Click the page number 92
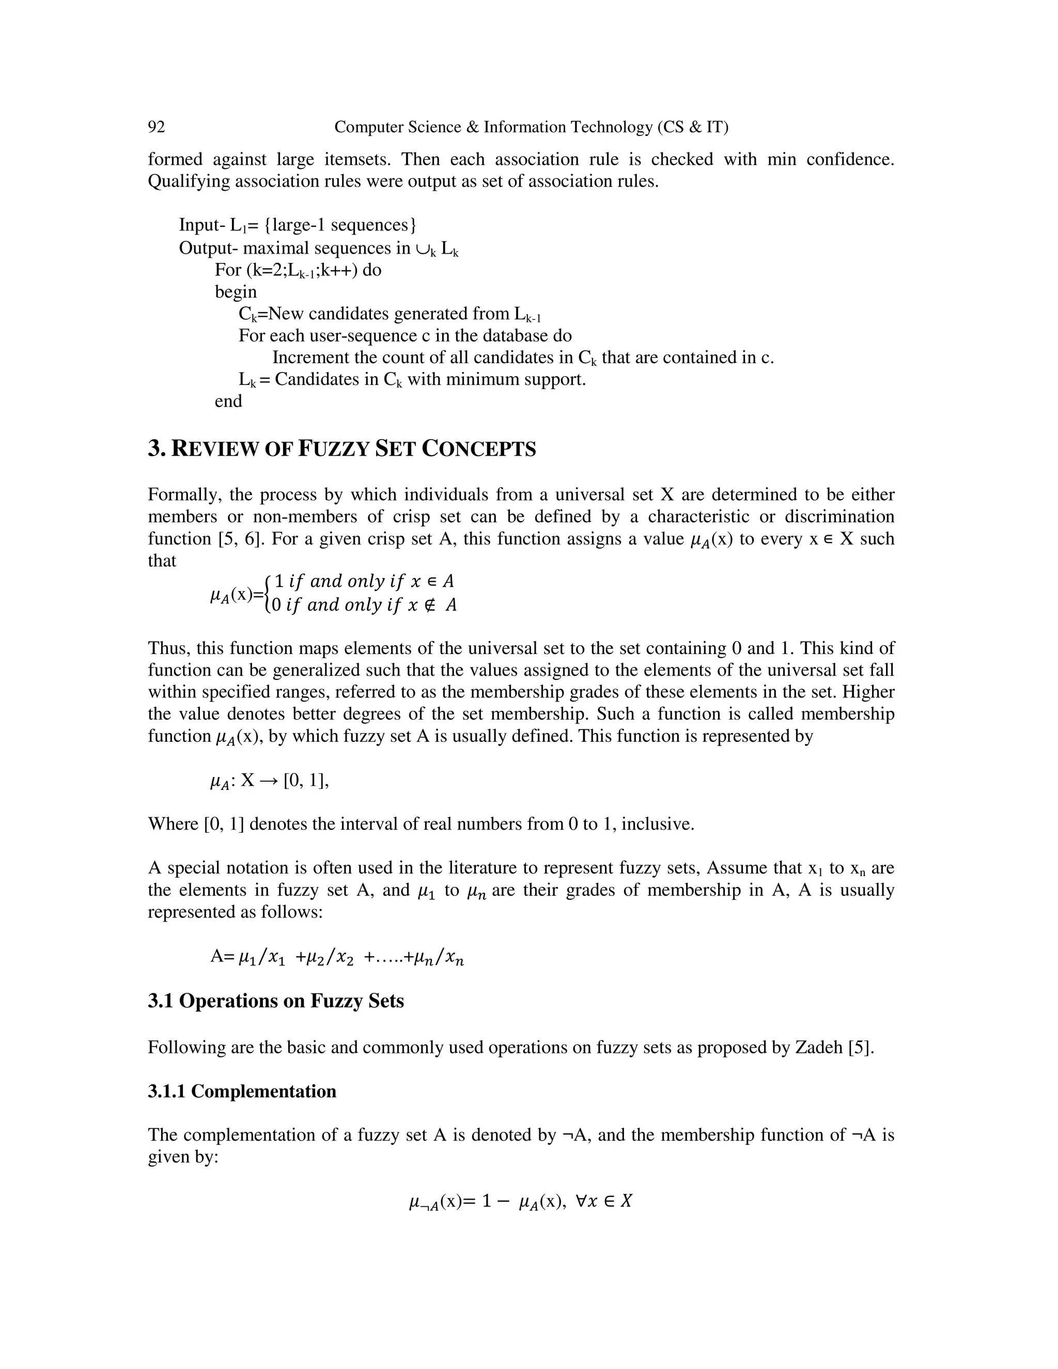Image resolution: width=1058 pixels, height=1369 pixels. pos(156,127)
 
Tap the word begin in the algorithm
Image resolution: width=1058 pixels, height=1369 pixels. pos(236,292)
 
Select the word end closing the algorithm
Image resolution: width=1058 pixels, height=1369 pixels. pos(228,401)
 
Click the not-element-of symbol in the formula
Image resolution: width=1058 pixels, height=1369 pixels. pos(431,605)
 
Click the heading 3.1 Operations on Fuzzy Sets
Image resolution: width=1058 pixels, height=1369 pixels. pos(276,1001)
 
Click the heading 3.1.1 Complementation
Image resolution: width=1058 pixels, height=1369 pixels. pos(242,1091)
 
